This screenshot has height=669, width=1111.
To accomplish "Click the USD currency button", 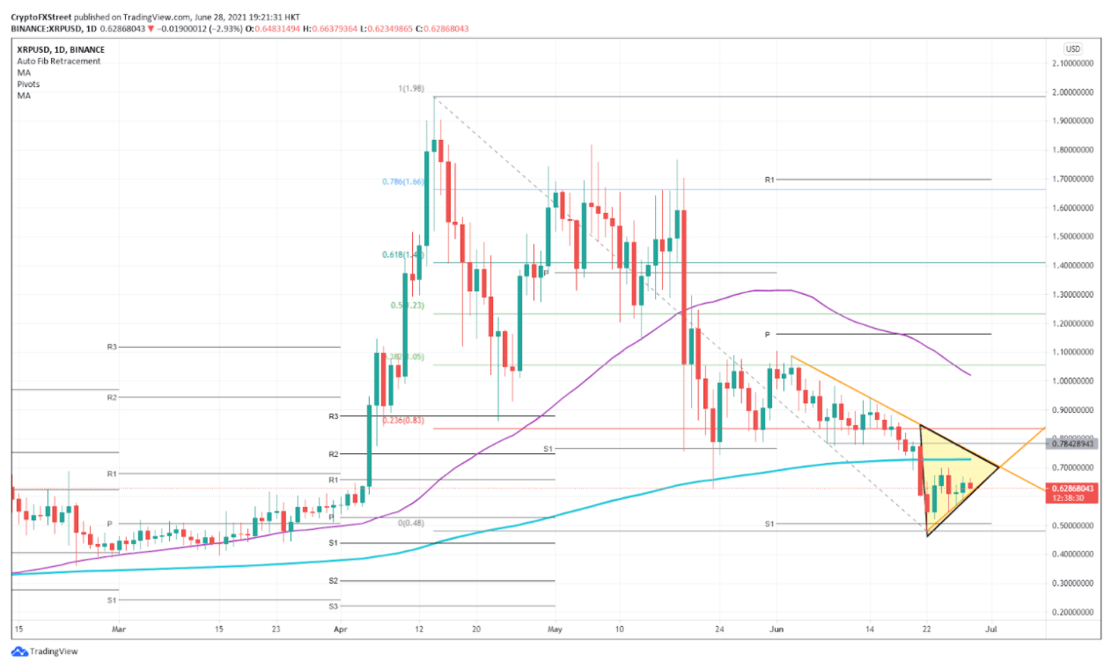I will tap(1072, 48).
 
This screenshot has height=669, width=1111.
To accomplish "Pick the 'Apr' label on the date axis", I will tap(341, 629).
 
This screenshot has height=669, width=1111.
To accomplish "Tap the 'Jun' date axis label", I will tap(776, 629).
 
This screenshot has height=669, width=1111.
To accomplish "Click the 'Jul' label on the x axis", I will tap(992, 629).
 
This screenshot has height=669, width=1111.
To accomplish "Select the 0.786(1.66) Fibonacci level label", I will tap(404, 182).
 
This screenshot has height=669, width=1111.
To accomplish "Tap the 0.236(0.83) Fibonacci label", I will tap(404, 420).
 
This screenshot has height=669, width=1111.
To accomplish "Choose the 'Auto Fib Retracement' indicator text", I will tap(58, 62).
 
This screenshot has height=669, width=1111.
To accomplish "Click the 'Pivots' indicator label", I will tap(28, 85).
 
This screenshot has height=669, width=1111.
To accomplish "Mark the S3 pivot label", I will tap(333, 606).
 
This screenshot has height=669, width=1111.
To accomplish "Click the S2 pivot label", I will tap(333, 581).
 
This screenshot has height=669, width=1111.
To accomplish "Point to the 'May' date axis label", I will tap(554, 629).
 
